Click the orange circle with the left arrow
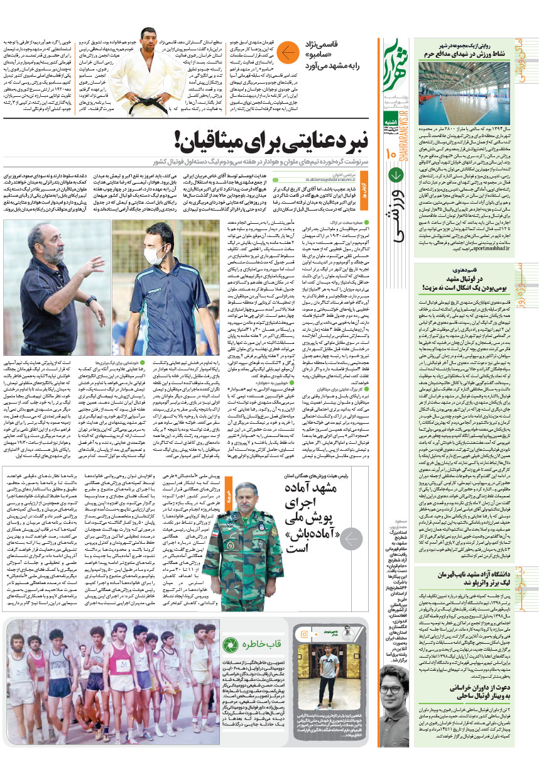click(x=288, y=53)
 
